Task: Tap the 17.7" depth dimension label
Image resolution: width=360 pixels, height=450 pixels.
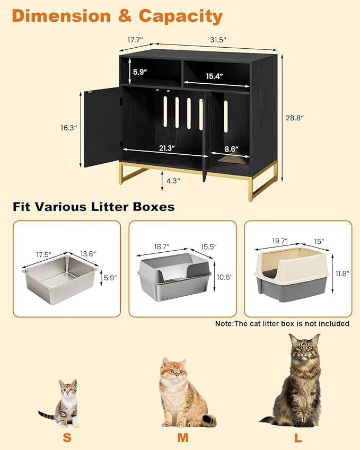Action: click(x=136, y=40)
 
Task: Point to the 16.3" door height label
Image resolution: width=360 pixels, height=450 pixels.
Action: click(x=68, y=128)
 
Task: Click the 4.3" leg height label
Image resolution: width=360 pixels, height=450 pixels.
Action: click(x=172, y=181)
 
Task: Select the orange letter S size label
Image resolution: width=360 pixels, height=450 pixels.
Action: click(x=67, y=438)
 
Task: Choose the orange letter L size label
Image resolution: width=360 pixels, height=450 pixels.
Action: click(x=298, y=438)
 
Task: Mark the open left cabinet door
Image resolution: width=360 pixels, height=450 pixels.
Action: click(x=102, y=127)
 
